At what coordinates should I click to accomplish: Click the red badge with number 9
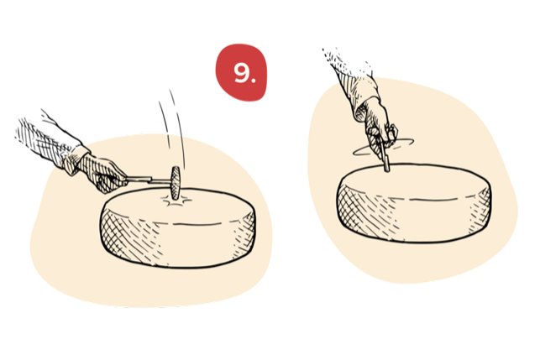pyautogui.click(x=242, y=73)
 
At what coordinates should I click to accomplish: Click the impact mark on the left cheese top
pyautogui.click(x=175, y=202)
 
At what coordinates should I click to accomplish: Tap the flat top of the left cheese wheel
pyautogui.click(x=202, y=207)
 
